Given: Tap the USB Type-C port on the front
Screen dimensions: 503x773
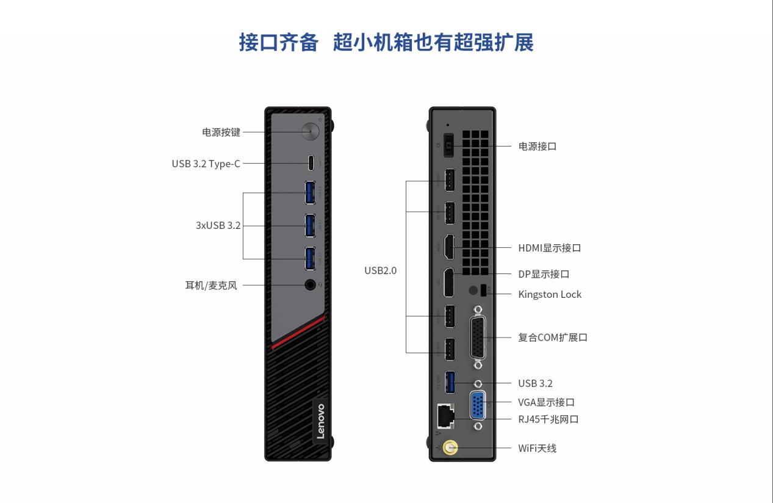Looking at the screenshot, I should (311, 163).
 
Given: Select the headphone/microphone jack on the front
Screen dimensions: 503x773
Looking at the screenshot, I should (311, 284).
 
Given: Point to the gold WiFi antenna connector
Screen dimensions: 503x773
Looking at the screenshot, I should (450, 449).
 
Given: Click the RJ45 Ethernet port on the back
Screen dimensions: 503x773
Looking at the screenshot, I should (444, 416).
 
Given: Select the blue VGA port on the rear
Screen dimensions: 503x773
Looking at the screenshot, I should (478, 405).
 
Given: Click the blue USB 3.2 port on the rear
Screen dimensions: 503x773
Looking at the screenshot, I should (450, 382).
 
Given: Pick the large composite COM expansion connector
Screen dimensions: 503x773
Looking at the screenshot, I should (478, 336).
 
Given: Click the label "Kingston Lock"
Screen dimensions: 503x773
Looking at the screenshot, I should (550, 294).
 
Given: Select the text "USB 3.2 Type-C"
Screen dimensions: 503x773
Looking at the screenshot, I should (206, 164).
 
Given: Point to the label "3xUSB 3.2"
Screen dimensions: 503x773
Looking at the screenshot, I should (218, 225).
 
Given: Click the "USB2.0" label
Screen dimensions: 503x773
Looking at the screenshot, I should (380, 270).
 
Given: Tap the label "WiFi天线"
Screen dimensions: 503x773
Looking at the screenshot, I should (537, 449).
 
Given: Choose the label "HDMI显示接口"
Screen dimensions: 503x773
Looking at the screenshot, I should (549, 248).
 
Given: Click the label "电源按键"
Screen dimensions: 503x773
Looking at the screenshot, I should (221, 132).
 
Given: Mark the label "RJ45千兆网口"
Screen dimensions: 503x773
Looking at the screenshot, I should (548, 419).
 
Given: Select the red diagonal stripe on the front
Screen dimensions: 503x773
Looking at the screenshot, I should (299, 333).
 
